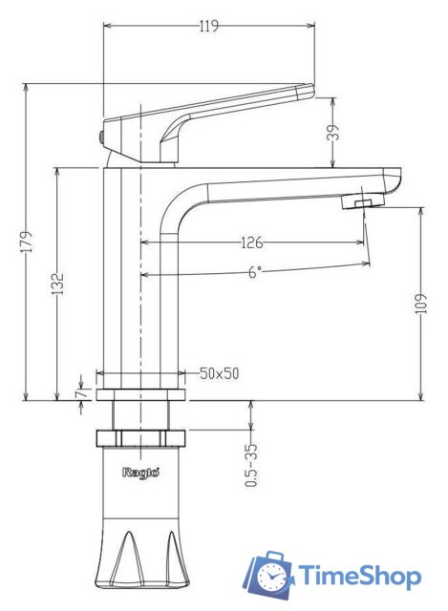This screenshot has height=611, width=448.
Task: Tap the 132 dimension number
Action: click(x=59, y=284)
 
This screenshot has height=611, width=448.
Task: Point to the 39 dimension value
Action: click(x=332, y=134)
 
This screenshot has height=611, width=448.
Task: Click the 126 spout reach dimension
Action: click(x=251, y=242)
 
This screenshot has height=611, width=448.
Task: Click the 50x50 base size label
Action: click(x=219, y=373)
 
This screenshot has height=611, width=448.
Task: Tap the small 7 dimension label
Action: click(x=81, y=393)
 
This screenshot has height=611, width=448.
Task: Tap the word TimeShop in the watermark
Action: click(x=358, y=576)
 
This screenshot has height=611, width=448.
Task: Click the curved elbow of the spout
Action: click(x=177, y=205)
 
